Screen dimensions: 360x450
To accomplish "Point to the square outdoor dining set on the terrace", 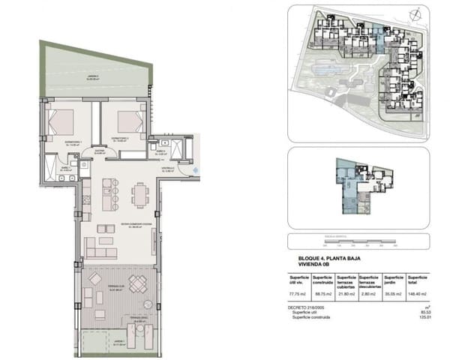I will click(x=138, y=284).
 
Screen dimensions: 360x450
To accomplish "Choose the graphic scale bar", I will click(x=349, y=241).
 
